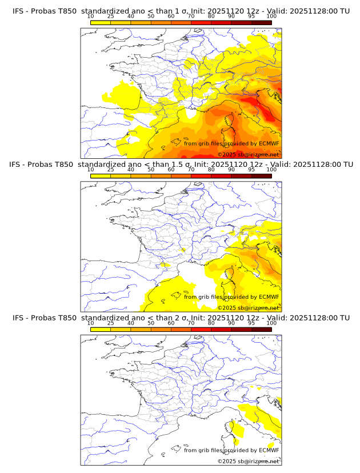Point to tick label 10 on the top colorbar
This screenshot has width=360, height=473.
91,16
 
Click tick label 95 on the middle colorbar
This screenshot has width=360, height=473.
251,169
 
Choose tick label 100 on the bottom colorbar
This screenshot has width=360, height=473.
271,323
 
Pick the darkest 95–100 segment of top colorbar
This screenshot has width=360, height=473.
261,22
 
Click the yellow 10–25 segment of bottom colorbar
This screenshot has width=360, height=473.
101,330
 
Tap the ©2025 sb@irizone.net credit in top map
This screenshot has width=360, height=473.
248,155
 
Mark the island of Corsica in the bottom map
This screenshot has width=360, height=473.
233,431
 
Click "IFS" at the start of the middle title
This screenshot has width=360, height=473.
18,164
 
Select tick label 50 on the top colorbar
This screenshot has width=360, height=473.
151,16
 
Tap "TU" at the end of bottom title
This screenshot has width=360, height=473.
345,318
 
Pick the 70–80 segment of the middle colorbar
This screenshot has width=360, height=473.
201,176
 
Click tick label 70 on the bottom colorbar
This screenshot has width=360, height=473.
191,323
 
